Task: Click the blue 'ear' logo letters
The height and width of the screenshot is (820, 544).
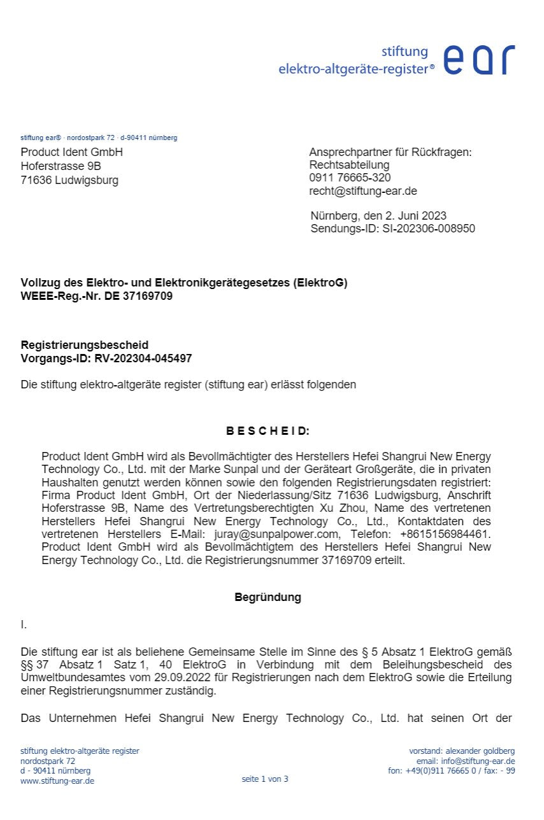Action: tap(478, 60)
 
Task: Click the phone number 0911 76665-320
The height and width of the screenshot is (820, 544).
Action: tap(350, 178)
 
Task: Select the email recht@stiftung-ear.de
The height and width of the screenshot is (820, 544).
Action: tap(363, 191)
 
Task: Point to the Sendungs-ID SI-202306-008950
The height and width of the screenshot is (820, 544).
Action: tap(429, 229)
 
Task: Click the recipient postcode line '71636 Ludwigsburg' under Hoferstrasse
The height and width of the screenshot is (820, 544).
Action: tap(69, 180)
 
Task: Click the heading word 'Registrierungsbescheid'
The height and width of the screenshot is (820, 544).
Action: tap(85, 345)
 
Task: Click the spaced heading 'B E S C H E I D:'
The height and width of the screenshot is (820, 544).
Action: tap(268, 431)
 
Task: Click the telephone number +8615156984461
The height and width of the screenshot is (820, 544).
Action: tap(445, 534)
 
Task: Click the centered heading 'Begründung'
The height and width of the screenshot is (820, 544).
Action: tap(268, 598)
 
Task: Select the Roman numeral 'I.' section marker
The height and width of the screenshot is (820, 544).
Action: tap(24, 625)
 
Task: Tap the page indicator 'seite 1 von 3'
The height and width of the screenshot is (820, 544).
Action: tap(265, 779)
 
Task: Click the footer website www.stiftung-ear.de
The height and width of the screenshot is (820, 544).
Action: tap(57, 781)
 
